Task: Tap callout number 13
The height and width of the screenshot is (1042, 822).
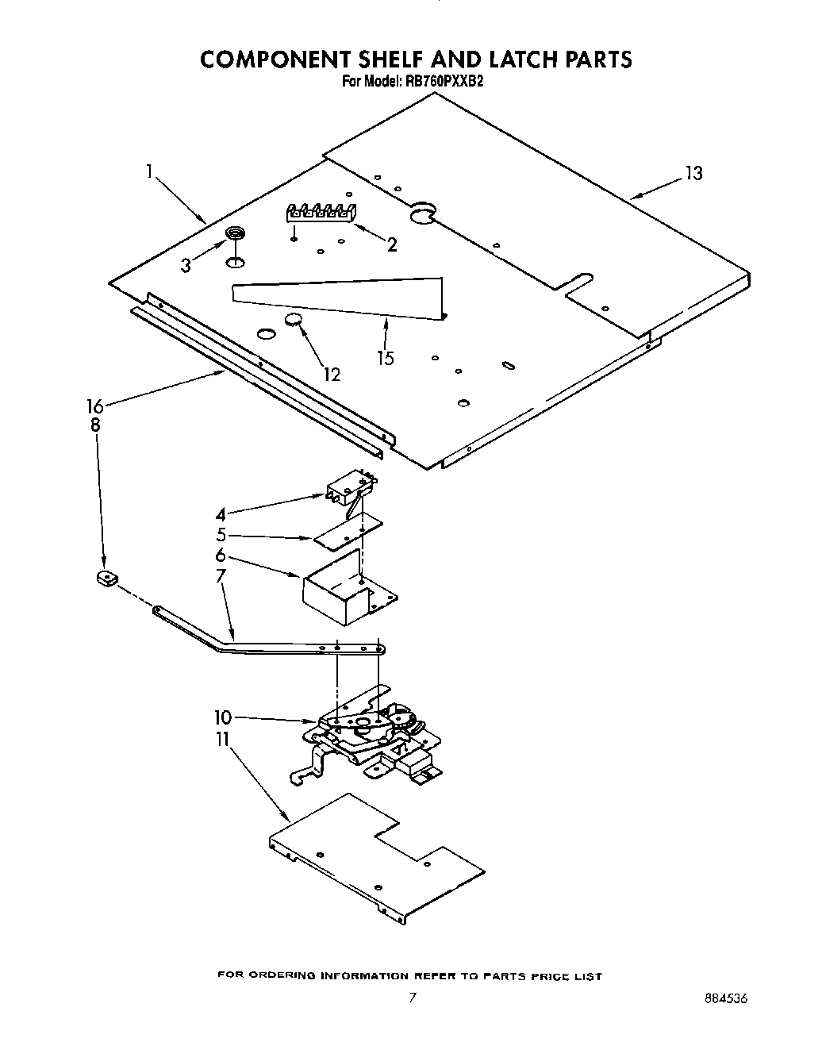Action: (x=693, y=173)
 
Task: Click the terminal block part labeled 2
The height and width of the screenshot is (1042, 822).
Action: (x=321, y=212)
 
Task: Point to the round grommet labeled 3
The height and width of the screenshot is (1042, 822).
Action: (x=235, y=233)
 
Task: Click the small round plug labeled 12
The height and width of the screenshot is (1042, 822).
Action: (x=293, y=320)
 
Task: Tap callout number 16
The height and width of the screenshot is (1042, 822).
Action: (x=94, y=406)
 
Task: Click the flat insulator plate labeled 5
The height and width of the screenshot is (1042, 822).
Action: (x=347, y=533)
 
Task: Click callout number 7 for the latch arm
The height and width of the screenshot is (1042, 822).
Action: (x=221, y=575)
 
